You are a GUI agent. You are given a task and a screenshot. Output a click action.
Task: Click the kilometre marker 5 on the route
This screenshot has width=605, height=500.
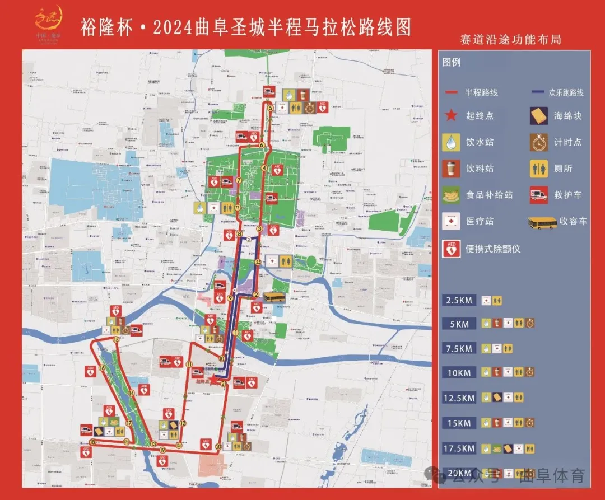270,108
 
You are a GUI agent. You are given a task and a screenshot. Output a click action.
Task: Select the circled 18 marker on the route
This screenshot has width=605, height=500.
92,442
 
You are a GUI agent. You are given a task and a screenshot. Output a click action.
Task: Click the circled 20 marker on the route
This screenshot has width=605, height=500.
218,446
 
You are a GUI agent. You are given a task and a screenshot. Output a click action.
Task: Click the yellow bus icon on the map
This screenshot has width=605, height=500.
274,297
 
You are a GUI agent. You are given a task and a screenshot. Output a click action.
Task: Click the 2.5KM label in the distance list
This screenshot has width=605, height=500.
458,301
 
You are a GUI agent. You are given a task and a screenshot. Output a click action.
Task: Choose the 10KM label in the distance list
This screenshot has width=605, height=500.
458,372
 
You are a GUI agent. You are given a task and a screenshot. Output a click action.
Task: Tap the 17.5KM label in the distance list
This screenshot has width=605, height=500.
458,448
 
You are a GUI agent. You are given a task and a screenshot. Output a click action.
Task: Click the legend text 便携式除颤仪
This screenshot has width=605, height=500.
493,249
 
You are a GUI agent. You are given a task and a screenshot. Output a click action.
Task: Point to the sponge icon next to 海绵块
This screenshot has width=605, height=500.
539,116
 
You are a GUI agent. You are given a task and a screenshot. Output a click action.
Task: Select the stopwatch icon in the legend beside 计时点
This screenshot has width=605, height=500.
539,142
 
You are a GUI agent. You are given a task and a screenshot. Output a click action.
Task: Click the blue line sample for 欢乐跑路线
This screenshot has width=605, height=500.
540,92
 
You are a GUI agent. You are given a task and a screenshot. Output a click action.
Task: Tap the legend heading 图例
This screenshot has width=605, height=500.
452,62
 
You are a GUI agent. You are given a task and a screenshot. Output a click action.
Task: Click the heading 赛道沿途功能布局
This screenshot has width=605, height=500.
510,40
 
